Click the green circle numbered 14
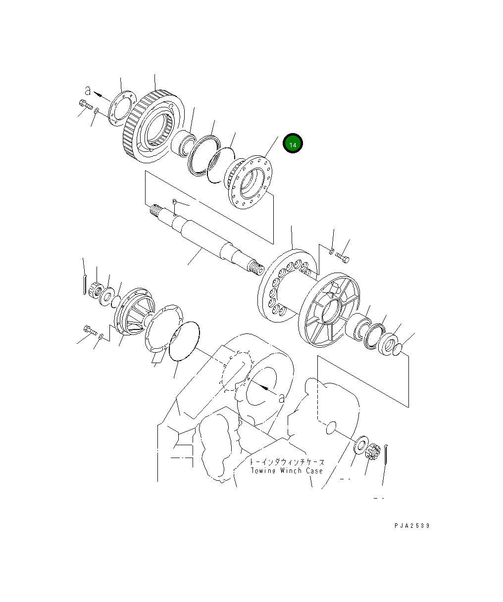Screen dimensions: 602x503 [x=293, y=144]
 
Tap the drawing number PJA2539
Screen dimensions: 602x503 [x=412, y=525]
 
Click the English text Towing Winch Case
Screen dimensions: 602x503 [x=286, y=470]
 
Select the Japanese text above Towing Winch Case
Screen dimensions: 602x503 [x=287, y=462]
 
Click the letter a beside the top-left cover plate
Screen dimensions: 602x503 [x=88, y=91]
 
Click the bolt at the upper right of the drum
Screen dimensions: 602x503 [x=342, y=258]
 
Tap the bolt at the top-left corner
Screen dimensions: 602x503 [x=85, y=104]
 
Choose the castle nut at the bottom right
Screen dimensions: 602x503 [x=372, y=451]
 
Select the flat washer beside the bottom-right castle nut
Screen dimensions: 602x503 [x=361, y=443]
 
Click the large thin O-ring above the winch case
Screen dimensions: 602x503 [x=184, y=341]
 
